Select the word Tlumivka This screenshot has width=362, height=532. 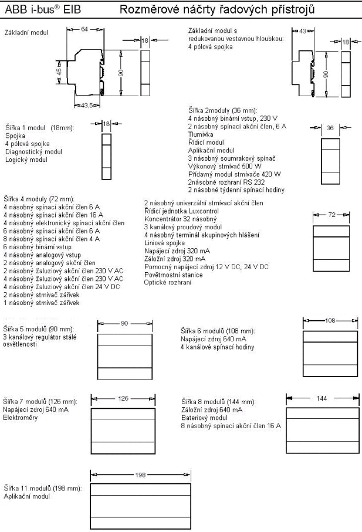(200, 133)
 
